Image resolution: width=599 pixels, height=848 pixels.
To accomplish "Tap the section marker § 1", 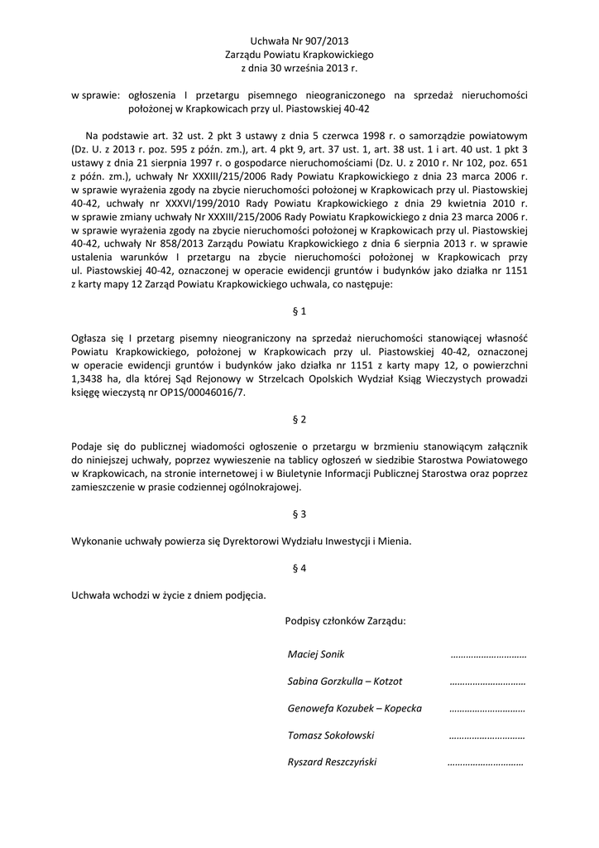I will click(x=299, y=311).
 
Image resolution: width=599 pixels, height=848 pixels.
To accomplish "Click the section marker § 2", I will click(x=299, y=419).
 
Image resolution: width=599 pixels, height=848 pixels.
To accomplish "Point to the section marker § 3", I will click(x=299, y=513).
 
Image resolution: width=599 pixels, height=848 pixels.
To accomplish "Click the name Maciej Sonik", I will click(x=309, y=654).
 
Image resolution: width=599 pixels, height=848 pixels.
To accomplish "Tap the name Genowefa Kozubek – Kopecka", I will click(x=354, y=708).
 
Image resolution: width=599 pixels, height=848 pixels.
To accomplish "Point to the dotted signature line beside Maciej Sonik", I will click(x=489, y=656).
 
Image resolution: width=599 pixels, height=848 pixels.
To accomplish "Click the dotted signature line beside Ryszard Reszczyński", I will click(x=485, y=764).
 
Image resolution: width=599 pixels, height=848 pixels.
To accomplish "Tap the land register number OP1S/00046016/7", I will click(x=199, y=393).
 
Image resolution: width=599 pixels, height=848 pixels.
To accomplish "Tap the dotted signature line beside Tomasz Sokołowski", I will click(x=487, y=736).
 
